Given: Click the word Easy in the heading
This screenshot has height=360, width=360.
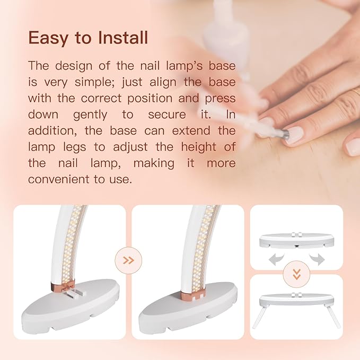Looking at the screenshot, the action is (48, 38).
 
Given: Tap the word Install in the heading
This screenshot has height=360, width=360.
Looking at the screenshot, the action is (123, 38).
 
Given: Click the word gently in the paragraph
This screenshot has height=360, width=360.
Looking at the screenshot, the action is (90, 115).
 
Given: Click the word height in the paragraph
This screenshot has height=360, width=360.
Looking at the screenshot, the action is (199, 147).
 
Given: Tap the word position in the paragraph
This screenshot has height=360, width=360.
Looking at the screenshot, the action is (150, 99).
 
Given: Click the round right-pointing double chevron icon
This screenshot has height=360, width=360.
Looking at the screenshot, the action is (128, 260).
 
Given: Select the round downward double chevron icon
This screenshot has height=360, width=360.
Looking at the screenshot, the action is (296, 274).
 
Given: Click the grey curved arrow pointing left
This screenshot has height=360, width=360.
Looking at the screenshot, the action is (276, 259).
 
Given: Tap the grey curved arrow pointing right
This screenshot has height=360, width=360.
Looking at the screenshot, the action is (317, 259).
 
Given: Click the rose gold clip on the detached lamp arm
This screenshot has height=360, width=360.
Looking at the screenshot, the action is (63, 285).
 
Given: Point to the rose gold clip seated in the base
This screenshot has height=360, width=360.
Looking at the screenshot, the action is (193, 296).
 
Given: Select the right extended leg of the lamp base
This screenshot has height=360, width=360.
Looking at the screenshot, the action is (334, 317).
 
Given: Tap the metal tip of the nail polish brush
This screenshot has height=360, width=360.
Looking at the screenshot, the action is (284, 133).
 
